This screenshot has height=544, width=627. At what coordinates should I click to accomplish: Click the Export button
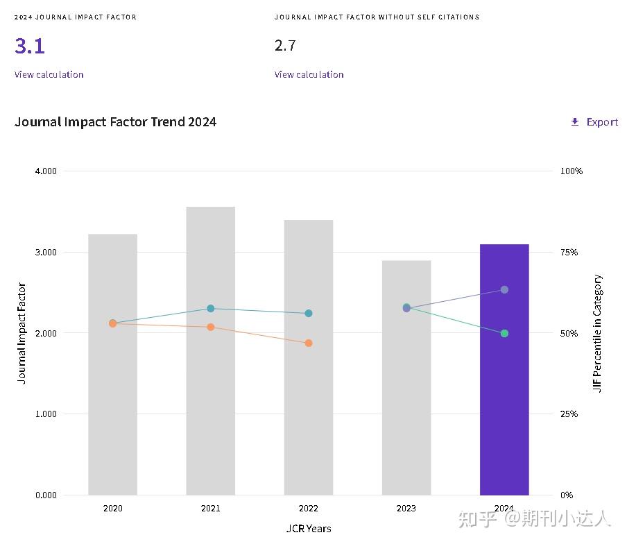click(x=594, y=122)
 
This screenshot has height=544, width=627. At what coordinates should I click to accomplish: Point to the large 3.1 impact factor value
click(x=30, y=46)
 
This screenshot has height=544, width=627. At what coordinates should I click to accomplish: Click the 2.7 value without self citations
click(x=285, y=46)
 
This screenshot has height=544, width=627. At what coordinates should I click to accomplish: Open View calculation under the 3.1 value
click(x=49, y=74)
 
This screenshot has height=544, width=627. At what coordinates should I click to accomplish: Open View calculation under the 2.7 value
click(x=309, y=74)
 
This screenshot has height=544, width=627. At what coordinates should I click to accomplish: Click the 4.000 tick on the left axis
click(x=46, y=171)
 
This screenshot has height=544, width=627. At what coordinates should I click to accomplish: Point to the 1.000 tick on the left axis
click(x=46, y=414)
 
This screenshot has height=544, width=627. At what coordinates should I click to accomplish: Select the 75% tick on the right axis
click(x=569, y=252)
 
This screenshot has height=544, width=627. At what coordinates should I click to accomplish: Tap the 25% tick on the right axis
click(x=569, y=414)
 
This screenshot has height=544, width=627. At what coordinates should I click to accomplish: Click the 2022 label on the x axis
click(x=309, y=509)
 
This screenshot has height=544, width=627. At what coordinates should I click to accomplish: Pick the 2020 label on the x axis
click(x=112, y=509)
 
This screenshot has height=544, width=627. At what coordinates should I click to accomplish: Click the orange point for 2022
click(x=309, y=343)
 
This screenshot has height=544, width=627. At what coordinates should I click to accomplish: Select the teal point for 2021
click(x=211, y=309)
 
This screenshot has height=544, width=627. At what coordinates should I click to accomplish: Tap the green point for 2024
click(x=504, y=334)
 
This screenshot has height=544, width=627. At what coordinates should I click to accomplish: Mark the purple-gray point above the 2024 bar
click(x=504, y=289)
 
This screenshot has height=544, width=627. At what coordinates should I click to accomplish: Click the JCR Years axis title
click(x=309, y=529)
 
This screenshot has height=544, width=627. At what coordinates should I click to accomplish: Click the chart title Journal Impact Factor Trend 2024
click(x=115, y=122)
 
